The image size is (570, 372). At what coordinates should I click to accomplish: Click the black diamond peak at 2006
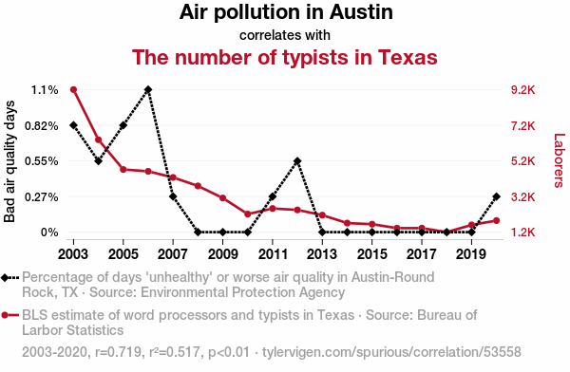pyautogui.click(x=148, y=89)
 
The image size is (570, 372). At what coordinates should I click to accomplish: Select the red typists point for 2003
pyautogui.click(x=73, y=90)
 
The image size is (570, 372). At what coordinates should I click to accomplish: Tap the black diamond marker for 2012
pyautogui.click(x=297, y=161)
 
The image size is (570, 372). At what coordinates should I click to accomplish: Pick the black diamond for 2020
pyautogui.click(x=497, y=196)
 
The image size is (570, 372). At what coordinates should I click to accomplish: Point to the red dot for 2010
pyautogui.click(x=248, y=214)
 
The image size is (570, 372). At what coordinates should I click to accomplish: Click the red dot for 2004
pyautogui.click(x=98, y=139)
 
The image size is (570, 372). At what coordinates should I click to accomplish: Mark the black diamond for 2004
pyautogui.click(x=98, y=161)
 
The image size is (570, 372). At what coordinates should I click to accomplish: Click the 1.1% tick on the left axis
pyautogui.click(x=45, y=90)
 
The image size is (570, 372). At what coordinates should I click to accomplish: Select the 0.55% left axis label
pyautogui.click(x=42, y=161)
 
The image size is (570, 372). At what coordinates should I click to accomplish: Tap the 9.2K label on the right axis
pyautogui.click(x=523, y=90)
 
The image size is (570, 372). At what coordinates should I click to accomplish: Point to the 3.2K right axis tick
pyautogui.click(x=523, y=196)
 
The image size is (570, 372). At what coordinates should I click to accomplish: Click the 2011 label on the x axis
pyautogui.click(x=273, y=254)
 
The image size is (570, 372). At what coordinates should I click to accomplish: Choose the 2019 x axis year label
pyautogui.click(x=471, y=254)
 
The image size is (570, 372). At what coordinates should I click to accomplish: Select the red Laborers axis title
pyautogui.click(x=560, y=160)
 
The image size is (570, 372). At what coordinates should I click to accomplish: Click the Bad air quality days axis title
pyautogui.click(x=9, y=161)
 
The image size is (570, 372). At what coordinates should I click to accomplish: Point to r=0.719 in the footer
pyautogui.click(x=119, y=352)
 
